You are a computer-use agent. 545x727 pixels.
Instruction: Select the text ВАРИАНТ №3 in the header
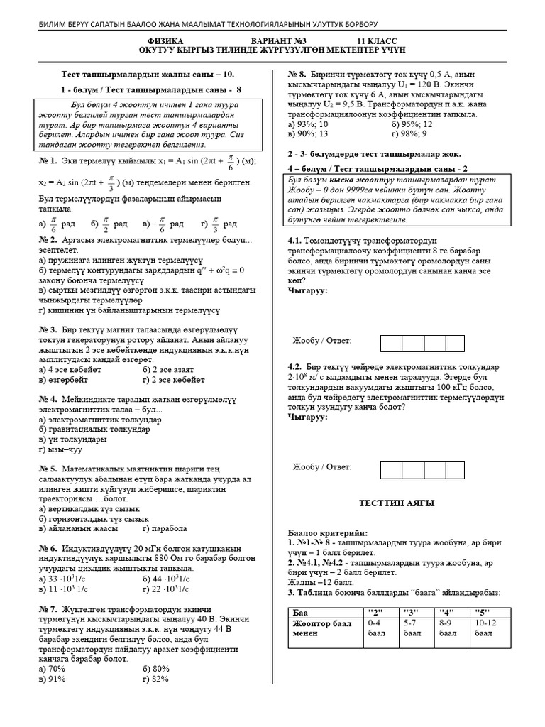(x=277, y=42)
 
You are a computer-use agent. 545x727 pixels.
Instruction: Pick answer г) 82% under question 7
(x=155, y=679)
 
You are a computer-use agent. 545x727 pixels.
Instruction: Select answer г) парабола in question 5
(x=165, y=529)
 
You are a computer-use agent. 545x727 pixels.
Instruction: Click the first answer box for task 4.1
(x=392, y=343)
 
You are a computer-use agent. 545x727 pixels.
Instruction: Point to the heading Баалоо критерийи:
(x=328, y=532)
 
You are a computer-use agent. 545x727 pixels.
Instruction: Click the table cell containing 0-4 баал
(x=376, y=628)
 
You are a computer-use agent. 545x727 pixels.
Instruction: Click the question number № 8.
(x=297, y=74)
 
